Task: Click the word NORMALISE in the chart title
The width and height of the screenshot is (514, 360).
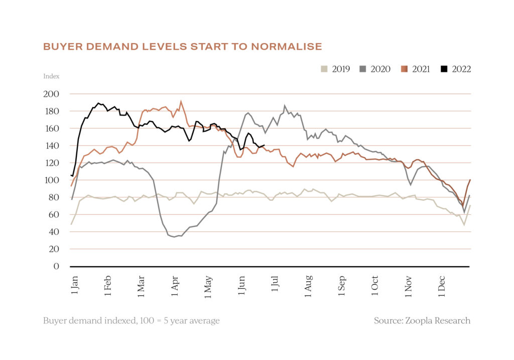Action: [287, 47]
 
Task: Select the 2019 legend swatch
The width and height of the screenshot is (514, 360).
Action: [324, 69]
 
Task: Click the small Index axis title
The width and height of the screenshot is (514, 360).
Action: [51, 76]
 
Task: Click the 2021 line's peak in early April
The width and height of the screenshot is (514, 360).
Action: [181, 101]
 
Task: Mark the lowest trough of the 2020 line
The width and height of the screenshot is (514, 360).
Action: [174, 237]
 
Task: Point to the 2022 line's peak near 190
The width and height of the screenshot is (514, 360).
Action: [98, 103]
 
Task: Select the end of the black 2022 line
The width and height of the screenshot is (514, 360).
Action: [264, 146]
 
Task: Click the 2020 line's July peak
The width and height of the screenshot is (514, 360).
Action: [285, 105]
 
